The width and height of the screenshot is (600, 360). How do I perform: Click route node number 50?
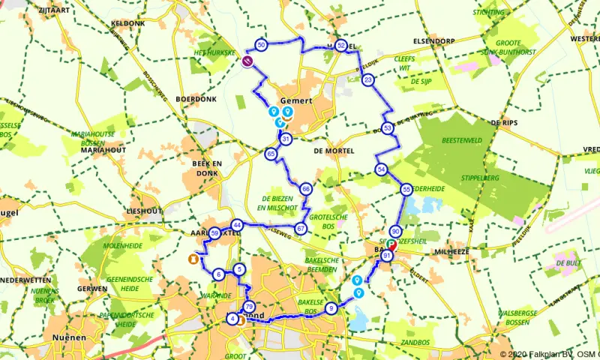(261, 45)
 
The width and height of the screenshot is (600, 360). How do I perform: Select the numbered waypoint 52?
(340, 46)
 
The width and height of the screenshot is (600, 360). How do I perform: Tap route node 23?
(367, 79)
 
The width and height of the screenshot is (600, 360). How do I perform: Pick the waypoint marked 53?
(387, 128)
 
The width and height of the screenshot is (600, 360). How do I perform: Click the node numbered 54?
(382, 169)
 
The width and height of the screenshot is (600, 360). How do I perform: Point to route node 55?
(406, 190)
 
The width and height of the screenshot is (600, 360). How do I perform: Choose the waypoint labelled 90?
(395, 232)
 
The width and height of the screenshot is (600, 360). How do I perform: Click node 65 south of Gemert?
(271, 154)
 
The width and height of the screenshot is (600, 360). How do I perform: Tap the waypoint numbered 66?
(305, 189)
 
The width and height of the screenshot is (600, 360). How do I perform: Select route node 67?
(301, 228)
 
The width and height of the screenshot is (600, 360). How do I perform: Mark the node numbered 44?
(237, 225)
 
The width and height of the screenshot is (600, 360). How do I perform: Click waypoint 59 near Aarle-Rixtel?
(214, 233)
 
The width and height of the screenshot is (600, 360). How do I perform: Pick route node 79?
(249, 306)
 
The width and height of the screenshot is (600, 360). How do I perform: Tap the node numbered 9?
(331, 307)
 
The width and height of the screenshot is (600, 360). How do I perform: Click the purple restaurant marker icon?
(248, 62)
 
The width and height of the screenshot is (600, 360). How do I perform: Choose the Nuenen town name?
(69, 337)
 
